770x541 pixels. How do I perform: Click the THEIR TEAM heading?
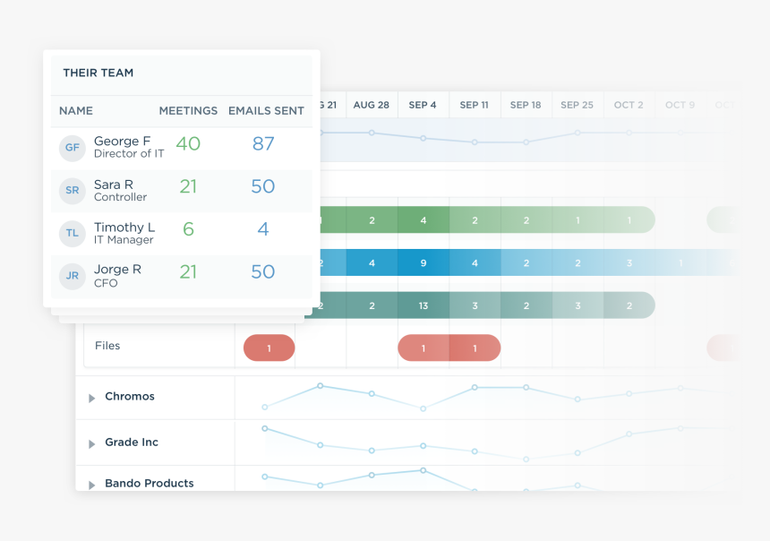(x=98, y=73)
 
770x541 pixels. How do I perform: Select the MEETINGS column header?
(x=188, y=111)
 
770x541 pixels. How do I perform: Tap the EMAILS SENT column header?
(x=266, y=111)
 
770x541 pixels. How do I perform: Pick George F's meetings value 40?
(x=188, y=144)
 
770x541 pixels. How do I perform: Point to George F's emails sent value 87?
(x=263, y=144)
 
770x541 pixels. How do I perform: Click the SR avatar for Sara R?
(x=73, y=191)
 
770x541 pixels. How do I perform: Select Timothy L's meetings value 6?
(x=188, y=229)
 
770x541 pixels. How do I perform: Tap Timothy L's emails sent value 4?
(x=263, y=229)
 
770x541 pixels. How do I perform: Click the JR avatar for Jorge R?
(x=73, y=276)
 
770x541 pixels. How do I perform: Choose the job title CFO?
(x=106, y=284)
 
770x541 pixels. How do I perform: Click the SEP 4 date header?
(x=423, y=105)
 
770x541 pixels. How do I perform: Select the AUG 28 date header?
(x=372, y=105)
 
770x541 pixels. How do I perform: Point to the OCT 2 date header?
(x=629, y=105)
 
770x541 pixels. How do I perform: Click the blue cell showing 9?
(x=423, y=263)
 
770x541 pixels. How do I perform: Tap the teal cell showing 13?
(x=423, y=305)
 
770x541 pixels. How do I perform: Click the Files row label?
(x=107, y=346)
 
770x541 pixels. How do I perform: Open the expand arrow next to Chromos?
(x=91, y=398)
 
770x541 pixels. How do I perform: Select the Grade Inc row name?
(x=132, y=442)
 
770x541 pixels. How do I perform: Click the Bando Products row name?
(x=149, y=484)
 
